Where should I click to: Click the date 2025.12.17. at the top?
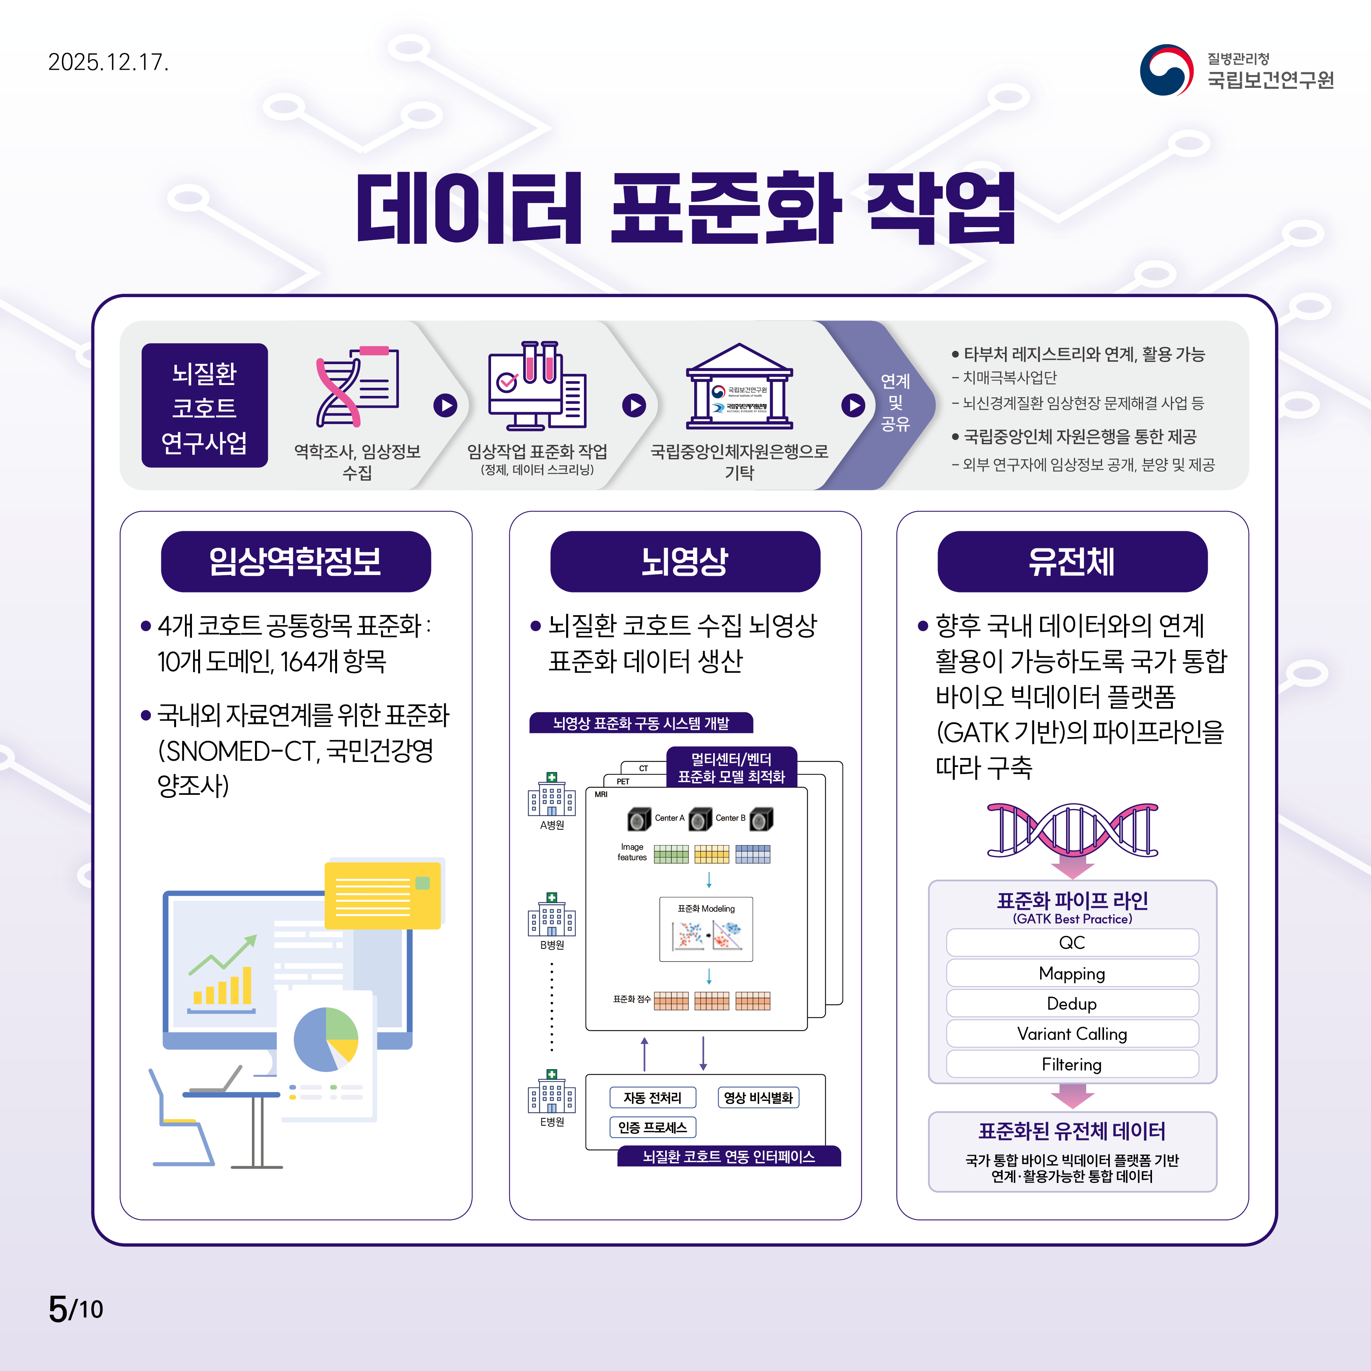tap(108, 62)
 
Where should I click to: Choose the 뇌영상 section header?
tap(685, 561)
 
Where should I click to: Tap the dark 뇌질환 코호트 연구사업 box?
tap(204, 406)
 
